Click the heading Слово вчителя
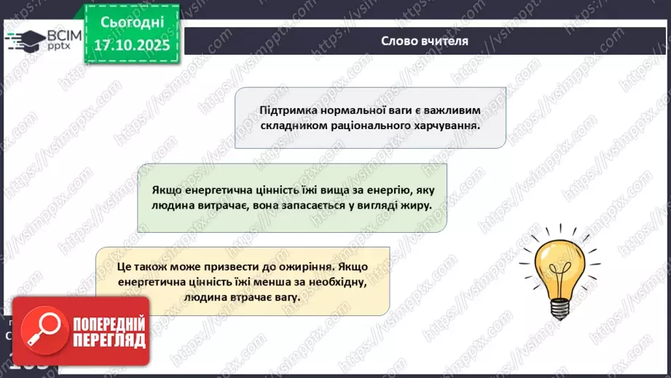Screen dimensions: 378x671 click(425, 41)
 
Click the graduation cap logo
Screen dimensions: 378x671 click(26, 40)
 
